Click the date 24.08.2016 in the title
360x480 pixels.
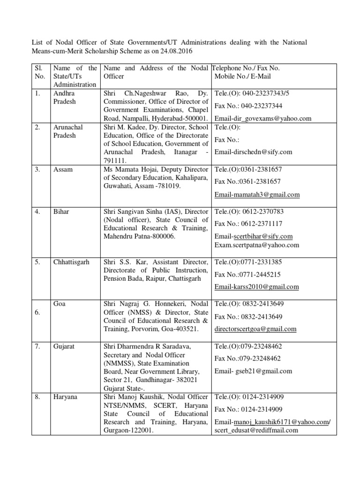(175, 51)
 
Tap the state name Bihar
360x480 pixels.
(61, 211)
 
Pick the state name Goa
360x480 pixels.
(60, 304)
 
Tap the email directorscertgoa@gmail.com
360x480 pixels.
(255, 329)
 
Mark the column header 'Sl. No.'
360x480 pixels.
(40, 72)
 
